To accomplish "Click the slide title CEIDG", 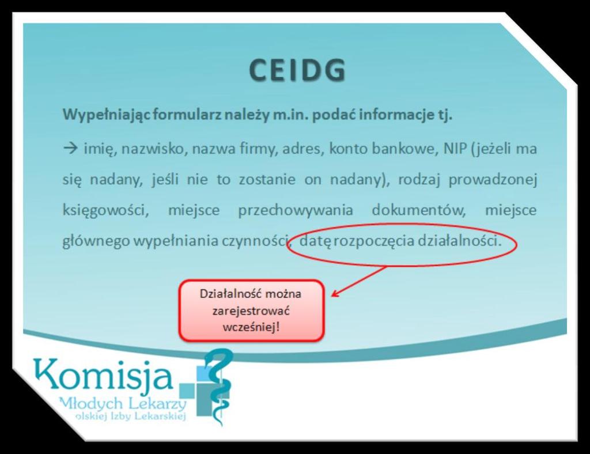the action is (297, 70).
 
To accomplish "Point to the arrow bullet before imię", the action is (70, 149).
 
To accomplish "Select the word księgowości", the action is (106, 210).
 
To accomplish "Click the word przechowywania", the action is (296, 210).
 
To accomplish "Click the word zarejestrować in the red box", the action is (251, 311).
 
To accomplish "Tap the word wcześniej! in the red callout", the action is (251, 327).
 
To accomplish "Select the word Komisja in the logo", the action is (103, 374).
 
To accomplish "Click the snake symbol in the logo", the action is (217, 386).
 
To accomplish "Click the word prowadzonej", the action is (493, 179).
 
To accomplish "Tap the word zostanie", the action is (267, 179).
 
